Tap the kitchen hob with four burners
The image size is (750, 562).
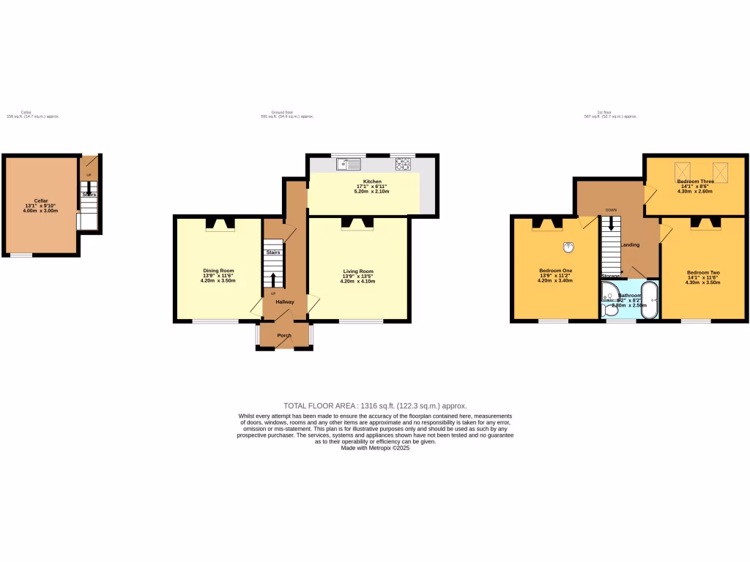point(403,164)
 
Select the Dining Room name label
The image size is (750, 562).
point(218,271)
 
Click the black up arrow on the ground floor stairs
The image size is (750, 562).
point(274,280)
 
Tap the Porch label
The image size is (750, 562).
point(284,336)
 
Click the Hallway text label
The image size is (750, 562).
point(284,301)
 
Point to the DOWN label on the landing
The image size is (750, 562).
point(611,210)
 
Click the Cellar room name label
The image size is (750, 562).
point(41,201)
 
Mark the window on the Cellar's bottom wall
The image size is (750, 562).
point(21,255)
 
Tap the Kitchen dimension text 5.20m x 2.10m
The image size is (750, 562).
point(371,191)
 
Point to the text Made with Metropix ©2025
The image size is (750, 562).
point(375,448)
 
